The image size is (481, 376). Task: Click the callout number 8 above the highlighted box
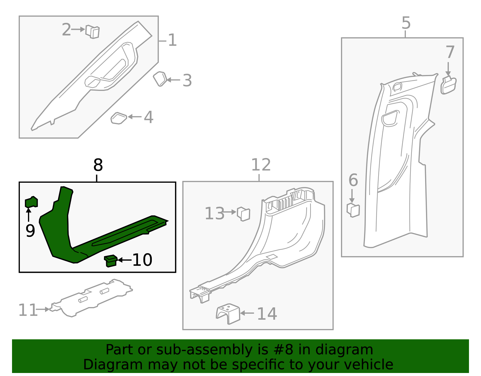pos(98,165)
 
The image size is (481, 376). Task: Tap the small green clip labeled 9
pos(31,202)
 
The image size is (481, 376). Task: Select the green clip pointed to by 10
pos(111,261)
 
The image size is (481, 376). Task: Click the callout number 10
pos(142,260)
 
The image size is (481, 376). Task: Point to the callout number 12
pos(261,165)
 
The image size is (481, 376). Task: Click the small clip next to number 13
pos(244,214)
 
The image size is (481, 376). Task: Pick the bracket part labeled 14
pos(228,314)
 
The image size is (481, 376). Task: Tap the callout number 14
pos(267,314)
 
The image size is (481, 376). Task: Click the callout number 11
pos(28,310)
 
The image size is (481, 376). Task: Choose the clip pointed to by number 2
pos(92,32)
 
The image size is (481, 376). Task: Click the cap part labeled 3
pos(160,79)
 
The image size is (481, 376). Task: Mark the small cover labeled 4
pos(119,118)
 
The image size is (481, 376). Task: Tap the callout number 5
pos(406,23)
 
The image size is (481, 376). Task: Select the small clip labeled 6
pos(353,210)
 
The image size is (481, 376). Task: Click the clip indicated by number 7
pos(448,85)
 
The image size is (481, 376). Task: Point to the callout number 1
pos(172,40)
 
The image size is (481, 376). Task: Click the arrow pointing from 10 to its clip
pos(124,260)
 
